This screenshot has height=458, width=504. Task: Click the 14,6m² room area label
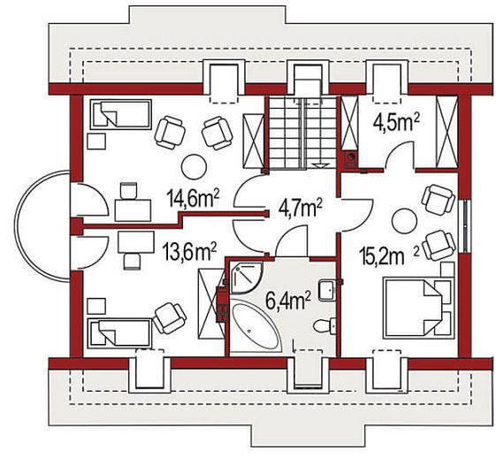[193, 199]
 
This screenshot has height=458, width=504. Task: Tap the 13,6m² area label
[189, 252]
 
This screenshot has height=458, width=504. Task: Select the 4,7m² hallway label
[301, 209]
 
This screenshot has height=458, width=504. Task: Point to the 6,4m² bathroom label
[288, 300]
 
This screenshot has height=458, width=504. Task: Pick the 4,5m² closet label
[397, 123]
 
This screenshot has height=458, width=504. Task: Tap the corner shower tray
[246, 278]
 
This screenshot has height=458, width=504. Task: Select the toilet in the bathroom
[325, 325]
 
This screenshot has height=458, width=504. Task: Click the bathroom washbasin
[327, 290]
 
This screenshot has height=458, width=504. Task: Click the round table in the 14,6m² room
[194, 167]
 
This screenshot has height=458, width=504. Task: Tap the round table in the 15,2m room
[404, 221]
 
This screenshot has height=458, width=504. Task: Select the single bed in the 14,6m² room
[121, 115]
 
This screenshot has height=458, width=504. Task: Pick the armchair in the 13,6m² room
[170, 318]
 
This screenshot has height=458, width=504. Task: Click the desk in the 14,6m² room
[133, 210]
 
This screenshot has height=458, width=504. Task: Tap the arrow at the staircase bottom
[320, 165]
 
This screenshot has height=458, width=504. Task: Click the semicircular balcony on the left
[41, 226]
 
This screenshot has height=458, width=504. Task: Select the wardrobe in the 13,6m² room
[210, 303]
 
